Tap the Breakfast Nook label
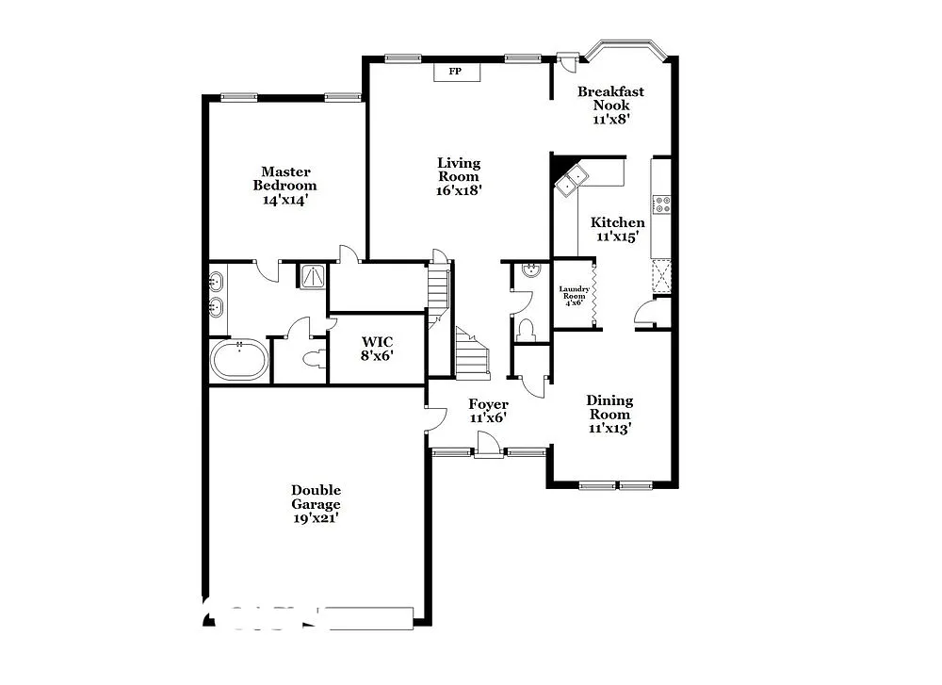click(x=610, y=98)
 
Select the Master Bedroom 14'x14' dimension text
click(x=285, y=200)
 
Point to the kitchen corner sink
click(x=570, y=181)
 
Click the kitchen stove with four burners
click(x=661, y=204)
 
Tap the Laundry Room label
click(x=574, y=292)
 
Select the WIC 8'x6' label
click(x=378, y=348)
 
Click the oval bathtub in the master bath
click(x=239, y=360)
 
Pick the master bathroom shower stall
click(x=312, y=275)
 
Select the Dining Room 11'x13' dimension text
click(x=609, y=427)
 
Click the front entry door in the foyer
click(x=488, y=445)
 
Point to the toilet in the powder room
click(x=526, y=329)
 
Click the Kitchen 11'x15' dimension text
click(x=617, y=236)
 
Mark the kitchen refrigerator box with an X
click(x=660, y=276)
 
